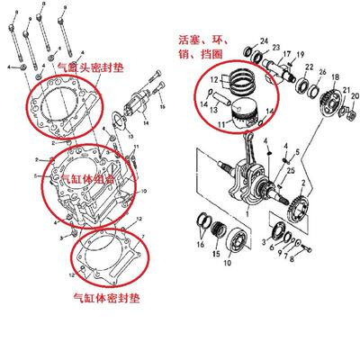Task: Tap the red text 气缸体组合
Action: click(88, 178)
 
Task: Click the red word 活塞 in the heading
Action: click(190, 39)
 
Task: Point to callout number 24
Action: click(264, 40)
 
